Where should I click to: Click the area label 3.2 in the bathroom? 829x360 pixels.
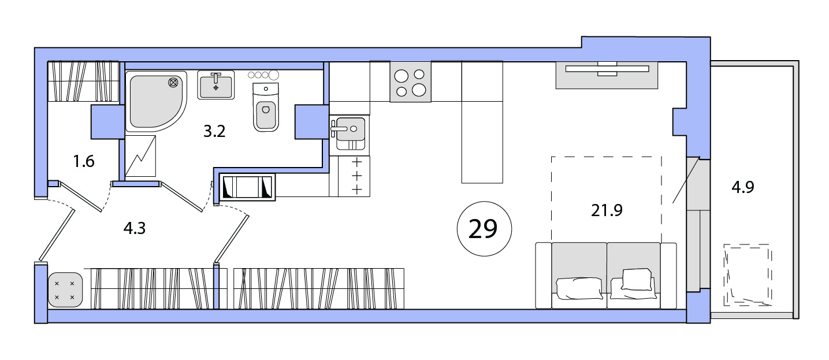pyautogui.click(x=214, y=131)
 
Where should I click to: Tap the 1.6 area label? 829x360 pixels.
pyautogui.click(x=84, y=161)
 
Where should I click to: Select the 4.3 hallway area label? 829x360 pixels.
pyautogui.click(x=135, y=228)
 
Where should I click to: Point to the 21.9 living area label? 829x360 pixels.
pyautogui.click(x=607, y=210)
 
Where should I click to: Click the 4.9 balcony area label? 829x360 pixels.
pyautogui.click(x=743, y=187)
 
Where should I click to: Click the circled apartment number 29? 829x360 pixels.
pyautogui.click(x=485, y=229)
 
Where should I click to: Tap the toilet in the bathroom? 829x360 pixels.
pyautogui.click(x=266, y=107)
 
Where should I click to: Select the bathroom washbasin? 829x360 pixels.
pyautogui.click(x=215, y=85)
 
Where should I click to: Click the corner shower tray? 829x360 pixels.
pyautogui.click(x=156, y=101)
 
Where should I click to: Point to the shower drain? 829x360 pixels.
pyautogui.click(x=173, y=83)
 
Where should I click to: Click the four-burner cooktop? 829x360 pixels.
pyautogui.click(x=410, y=82)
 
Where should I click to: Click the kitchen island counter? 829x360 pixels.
pyautogui.click(x=482, y=123)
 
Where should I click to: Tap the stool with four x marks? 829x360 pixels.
pyautogui.click(x=65, y=290)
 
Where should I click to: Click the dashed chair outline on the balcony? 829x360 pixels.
pyautogui.click(x=748, y=274)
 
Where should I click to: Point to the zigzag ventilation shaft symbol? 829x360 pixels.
pyautogui.click(x=140, y=156)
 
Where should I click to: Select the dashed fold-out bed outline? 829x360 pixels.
pyautogui.click(x=607, y=199)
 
